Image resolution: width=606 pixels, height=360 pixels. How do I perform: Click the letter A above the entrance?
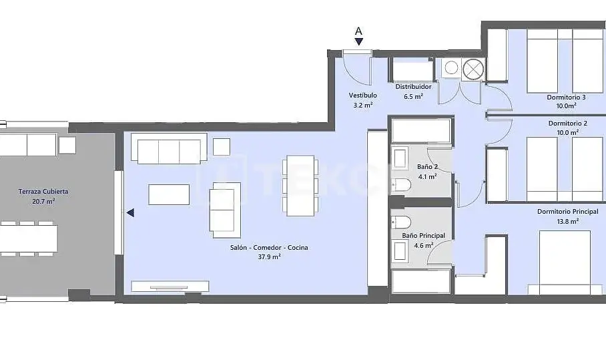point(358,31)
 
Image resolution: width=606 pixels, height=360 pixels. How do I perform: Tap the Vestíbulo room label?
point(362,95)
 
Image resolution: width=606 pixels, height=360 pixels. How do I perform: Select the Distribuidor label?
point(413,87)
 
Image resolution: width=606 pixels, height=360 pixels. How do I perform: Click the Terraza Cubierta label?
point(43,192)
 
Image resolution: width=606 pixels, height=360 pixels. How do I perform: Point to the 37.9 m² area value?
point(269,256)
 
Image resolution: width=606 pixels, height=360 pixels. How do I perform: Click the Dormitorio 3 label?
point(566,97)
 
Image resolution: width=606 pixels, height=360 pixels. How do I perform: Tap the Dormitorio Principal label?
point(568,212)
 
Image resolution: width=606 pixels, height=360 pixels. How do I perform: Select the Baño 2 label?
point(427,167)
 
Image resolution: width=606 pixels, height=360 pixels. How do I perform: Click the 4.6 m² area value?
point(424,246)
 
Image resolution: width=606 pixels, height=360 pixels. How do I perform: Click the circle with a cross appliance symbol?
point(473,69)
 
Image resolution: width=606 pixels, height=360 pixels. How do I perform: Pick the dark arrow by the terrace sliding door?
point(131,212)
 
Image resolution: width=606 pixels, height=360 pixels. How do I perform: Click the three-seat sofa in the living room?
point(169,148)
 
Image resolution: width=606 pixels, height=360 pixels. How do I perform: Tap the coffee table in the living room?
point(169,194)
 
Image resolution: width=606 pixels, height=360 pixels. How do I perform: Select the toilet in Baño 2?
point(401,185)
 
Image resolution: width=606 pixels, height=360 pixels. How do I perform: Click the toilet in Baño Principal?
point(401,222)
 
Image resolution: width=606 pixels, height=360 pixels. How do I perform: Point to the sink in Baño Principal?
point(399,250)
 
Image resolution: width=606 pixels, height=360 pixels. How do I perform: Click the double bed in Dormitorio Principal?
point(565,263)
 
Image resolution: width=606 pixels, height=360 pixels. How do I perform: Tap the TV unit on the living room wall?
point(170,287)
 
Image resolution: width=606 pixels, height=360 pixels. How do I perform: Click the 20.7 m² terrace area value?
point(43,201)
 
